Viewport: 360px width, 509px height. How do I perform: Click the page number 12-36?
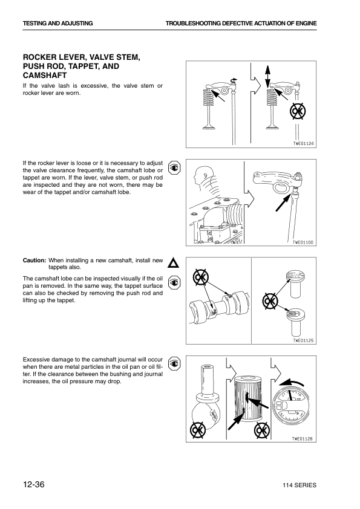[33, 484]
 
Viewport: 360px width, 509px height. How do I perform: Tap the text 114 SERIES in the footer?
[299, 485]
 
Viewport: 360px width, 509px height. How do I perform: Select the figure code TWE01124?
[304, 143]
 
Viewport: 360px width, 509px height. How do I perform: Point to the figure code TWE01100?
[303, 242]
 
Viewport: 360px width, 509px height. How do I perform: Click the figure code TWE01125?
[303, 340]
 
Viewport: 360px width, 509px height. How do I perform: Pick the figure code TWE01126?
[302, 439]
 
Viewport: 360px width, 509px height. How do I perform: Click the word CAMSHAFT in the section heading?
[45, 76]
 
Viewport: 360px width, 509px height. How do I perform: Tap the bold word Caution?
[34, 261]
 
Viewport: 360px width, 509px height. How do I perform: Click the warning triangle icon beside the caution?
[174, 263]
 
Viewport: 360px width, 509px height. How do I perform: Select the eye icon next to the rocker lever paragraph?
[174, 168]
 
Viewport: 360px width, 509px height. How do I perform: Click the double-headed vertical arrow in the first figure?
[267, 76]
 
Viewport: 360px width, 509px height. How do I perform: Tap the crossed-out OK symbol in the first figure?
[298, 111]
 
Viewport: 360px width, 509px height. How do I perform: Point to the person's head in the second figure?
[201, 177]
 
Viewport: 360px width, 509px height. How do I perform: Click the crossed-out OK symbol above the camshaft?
[200, 277]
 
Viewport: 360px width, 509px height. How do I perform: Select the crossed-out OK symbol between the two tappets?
[270, 301]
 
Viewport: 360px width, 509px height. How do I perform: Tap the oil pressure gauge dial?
[290, 405]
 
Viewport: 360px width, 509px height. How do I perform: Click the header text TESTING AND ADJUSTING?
[58, 24]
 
